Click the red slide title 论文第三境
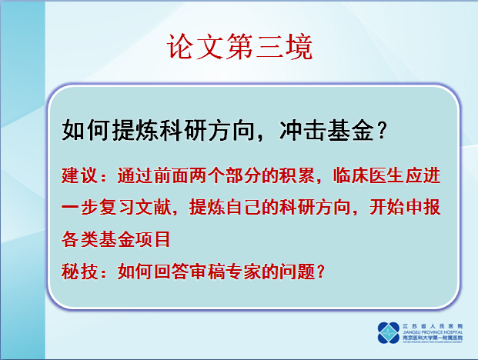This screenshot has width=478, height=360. [239, 47]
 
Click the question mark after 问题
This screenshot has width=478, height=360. [324, 271]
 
